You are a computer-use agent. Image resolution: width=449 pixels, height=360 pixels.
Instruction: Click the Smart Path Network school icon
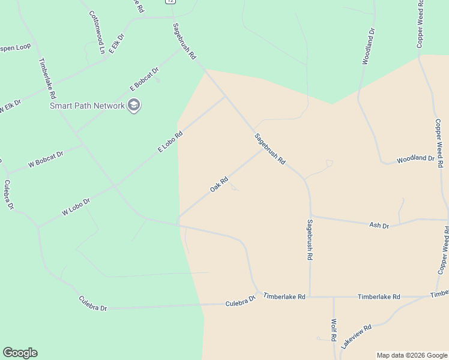pos(134,106)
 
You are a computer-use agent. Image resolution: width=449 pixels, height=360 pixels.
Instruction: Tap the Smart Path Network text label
pos(87,106)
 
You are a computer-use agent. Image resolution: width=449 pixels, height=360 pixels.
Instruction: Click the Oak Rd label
pos(219,184)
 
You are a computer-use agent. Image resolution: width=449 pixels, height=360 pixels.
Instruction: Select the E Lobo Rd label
pos(170,142)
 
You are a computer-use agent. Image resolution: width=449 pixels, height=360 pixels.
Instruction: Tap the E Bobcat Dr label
pos(145,79)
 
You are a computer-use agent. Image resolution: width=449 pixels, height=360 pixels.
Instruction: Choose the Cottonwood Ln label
pos(97,32)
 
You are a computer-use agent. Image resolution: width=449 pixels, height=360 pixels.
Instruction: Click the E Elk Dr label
pos(116,46)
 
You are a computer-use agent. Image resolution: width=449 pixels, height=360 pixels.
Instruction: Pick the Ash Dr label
pos(379,225)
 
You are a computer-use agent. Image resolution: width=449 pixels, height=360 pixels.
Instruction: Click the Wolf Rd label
pos(333,331)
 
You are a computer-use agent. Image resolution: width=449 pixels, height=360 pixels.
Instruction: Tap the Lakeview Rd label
pos(357,337)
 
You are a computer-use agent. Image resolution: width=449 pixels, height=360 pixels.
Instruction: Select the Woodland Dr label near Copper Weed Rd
pos(415,158)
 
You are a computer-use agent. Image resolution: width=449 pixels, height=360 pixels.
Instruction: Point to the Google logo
pos(20,353)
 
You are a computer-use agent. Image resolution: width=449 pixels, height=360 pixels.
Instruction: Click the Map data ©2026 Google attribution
pos(412,355)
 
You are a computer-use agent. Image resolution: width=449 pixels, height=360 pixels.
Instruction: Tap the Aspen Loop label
pos(14,47)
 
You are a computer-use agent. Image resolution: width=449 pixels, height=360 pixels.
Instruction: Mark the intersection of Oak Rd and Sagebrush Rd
pos(262,149)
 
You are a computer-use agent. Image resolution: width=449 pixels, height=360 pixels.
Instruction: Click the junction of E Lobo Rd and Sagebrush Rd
pos(225,96)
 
